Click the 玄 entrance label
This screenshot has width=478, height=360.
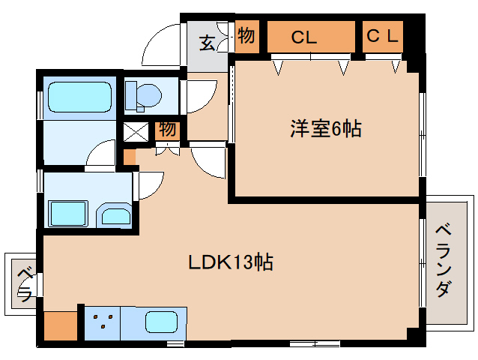(208, 42)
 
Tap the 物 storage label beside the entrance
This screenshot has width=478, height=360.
(246, 36)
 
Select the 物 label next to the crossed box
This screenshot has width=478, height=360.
(168, 130)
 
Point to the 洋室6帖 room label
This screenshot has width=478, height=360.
(326, 129)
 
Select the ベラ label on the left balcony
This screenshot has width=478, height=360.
(24, 282)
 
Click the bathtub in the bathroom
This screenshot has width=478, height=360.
(79, 97)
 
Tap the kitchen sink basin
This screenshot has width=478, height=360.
(160, 323)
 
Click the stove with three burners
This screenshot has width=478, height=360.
(103, 323)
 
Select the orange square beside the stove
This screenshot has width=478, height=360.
(60, 325)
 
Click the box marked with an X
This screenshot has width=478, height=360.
(137, 132)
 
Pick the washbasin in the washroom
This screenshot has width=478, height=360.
(115, 216)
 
